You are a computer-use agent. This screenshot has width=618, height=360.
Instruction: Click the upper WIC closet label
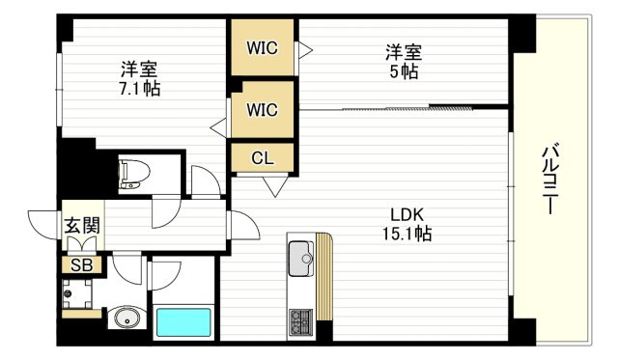(262, 48)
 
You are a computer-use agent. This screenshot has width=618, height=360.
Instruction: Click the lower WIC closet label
(262, 109)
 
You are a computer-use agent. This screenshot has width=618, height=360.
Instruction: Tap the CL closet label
(263, 158)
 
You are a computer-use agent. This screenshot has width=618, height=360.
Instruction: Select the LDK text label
(407, 214)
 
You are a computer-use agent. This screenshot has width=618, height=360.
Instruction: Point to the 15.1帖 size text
(407, 234)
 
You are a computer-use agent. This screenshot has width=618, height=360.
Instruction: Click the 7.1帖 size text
(139, 89)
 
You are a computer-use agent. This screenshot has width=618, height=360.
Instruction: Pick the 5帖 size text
(404, 71)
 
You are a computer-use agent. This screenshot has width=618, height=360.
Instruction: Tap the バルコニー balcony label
(549, 180)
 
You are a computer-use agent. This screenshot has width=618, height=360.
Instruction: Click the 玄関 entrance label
(82, 226)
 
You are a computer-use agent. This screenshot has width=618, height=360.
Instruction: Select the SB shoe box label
(81, 265)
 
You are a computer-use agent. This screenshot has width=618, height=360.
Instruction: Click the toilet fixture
(134, 174)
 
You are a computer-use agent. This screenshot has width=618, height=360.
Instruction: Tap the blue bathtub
(183, 322)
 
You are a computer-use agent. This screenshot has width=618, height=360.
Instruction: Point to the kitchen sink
(301, 259)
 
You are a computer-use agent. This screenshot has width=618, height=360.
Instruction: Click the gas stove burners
(300, 322)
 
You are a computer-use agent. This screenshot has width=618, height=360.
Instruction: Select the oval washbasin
(126, 318)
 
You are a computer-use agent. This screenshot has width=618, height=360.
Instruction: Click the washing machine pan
(77, 293)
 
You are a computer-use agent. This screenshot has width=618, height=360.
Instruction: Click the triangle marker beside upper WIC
(305, 50)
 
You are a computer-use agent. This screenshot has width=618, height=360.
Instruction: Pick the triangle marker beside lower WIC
(218, 127)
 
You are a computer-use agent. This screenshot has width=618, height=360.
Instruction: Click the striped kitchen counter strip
(324, 276)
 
